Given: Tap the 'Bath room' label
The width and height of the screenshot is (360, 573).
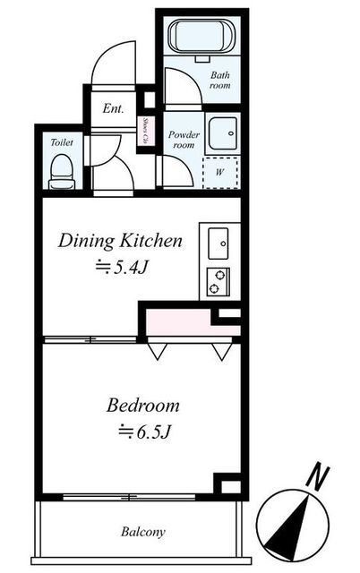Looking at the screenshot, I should (x=220, y=81).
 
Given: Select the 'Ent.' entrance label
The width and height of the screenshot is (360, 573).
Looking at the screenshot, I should (x=113, y=109).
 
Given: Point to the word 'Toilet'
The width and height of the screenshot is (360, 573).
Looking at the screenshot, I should (x=61, y=141).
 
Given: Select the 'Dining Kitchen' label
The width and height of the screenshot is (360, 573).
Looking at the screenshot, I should (x=121, y=240).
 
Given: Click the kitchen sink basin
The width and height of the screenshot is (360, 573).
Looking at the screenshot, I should (x=219, y=243).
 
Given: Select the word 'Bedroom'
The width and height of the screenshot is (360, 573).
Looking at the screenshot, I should (x=143, y=405).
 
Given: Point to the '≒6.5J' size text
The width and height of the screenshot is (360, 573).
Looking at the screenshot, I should (x=143, y=432).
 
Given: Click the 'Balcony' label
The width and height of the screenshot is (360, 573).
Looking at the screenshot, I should (x=143, y=532).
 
